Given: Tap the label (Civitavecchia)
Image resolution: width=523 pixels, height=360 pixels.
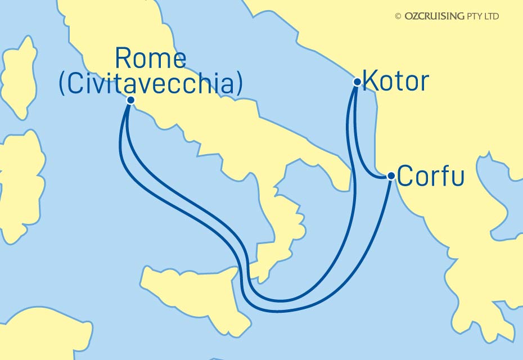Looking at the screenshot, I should (151, 84).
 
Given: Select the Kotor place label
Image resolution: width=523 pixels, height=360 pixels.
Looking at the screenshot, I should (395, 82).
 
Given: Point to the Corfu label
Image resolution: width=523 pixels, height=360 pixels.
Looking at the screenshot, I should (431, 176).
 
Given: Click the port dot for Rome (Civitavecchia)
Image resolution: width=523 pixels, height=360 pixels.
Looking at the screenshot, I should (130, 100).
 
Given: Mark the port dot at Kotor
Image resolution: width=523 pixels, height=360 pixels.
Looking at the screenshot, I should (357, 82).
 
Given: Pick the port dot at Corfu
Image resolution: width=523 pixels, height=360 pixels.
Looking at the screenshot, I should (391, 176).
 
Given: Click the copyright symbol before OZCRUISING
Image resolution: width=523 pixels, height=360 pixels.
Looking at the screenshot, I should (398, 17).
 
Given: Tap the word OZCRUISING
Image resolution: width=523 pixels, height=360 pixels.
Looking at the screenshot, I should (434, 17).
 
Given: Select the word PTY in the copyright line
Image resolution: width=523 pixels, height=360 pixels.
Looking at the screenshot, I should (474, 17).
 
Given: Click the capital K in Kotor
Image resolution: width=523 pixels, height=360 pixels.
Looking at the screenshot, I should (370, 82).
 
